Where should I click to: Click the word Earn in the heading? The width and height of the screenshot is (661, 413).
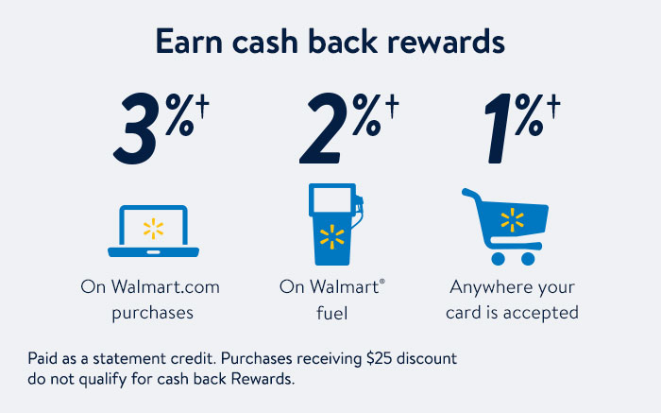tap(189, 42)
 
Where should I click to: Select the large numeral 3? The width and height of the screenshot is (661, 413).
tap(135, 129)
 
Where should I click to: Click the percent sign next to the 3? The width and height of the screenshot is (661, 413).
tap(180, 114)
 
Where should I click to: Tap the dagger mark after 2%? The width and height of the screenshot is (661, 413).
tap(392, 106)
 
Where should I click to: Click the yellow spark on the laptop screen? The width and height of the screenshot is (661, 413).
tap(153, 229)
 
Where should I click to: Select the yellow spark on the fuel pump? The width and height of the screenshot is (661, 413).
tap(331, 236)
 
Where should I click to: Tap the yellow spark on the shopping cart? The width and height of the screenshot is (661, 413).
tap(512, 220)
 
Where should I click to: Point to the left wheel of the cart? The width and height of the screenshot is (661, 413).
tap(498, 259)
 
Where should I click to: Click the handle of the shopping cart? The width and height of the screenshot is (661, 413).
tap(470, 194)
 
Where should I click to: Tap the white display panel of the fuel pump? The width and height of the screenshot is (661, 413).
tap(331, 199)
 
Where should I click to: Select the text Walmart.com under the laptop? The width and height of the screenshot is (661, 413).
tap(165, 287)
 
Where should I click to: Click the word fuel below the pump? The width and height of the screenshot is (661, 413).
tap(331, 314)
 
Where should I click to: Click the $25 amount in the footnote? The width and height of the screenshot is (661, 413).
tap(380, 358)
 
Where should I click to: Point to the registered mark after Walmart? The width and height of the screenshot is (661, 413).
tap(381, 282)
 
